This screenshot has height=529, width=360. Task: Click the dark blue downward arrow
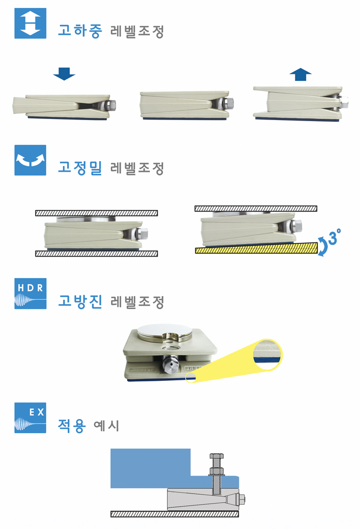(x=65, y=74)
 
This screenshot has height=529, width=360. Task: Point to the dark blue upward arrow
(x=301, y=74)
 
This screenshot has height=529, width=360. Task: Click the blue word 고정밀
(x=79, y=169)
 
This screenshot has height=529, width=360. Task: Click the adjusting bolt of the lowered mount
(x=113, y=105)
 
